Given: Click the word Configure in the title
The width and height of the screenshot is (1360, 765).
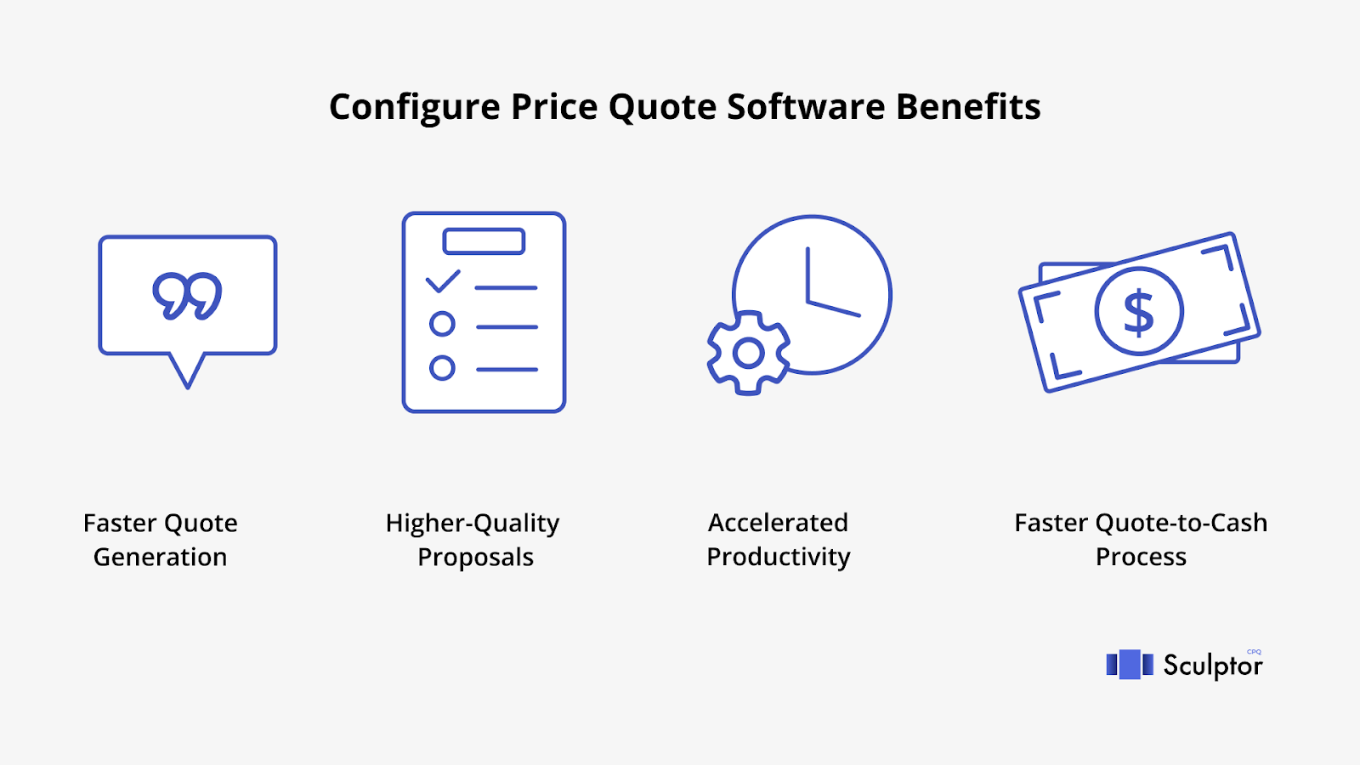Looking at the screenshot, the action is tap(415, 108).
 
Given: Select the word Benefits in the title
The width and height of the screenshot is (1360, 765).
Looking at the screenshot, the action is tap(968, 107).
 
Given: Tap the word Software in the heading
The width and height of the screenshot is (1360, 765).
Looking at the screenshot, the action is tap(807, 107).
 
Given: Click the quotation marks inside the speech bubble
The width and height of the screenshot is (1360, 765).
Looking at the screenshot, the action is tap(187, 296).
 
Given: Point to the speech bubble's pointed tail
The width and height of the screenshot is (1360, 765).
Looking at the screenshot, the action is tap(187, 371).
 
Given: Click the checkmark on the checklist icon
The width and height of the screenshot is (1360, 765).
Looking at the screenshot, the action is tap(443, 281).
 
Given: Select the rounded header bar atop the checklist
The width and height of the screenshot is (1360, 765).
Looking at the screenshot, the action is tap(484, 241).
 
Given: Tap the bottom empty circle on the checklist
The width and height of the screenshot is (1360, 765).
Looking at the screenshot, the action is tap(442, 368).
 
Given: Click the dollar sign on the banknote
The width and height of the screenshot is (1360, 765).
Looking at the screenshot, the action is tap(1138, 312).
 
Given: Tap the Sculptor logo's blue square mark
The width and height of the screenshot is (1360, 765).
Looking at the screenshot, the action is tap(1130, 664).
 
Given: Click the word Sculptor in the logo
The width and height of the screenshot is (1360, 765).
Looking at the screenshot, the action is tap(1213, 666).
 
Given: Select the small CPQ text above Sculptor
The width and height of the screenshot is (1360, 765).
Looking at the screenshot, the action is tap(1254, 652).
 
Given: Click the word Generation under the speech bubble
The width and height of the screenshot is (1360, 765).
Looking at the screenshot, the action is tap(161, 558).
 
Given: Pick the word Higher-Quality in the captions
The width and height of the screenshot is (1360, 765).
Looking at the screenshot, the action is tap(473, 524).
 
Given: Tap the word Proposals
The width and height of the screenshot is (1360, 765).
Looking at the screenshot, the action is tap(475, 558).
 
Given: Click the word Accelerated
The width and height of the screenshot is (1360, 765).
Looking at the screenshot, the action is tap(779, 523).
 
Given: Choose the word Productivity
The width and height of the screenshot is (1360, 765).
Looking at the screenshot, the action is tap(779, 558).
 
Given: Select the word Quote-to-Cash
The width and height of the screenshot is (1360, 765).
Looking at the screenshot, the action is tap(1181, 523).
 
